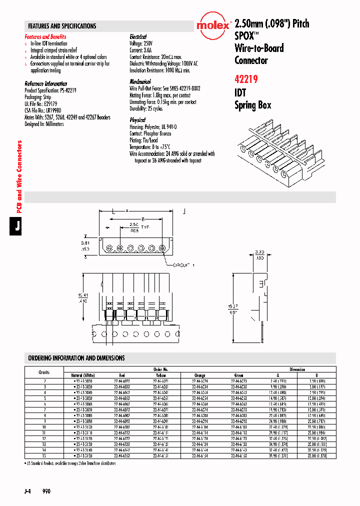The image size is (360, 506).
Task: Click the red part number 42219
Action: (246, 78)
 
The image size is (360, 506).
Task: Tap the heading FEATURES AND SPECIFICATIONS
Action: (62, 26)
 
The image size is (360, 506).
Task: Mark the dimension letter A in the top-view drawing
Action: (127, 210)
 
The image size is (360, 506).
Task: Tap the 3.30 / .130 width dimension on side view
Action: (245, 254)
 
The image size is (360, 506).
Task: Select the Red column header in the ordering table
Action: (121, 375)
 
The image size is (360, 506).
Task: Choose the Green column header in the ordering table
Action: (239, 375)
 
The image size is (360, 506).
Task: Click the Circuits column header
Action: (44, 372)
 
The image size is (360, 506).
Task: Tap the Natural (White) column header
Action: (83, 375)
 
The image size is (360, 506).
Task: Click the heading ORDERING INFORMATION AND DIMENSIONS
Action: (76, 358)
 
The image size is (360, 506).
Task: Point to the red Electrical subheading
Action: (138, 37)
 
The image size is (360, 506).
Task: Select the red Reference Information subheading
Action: (46, 83)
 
